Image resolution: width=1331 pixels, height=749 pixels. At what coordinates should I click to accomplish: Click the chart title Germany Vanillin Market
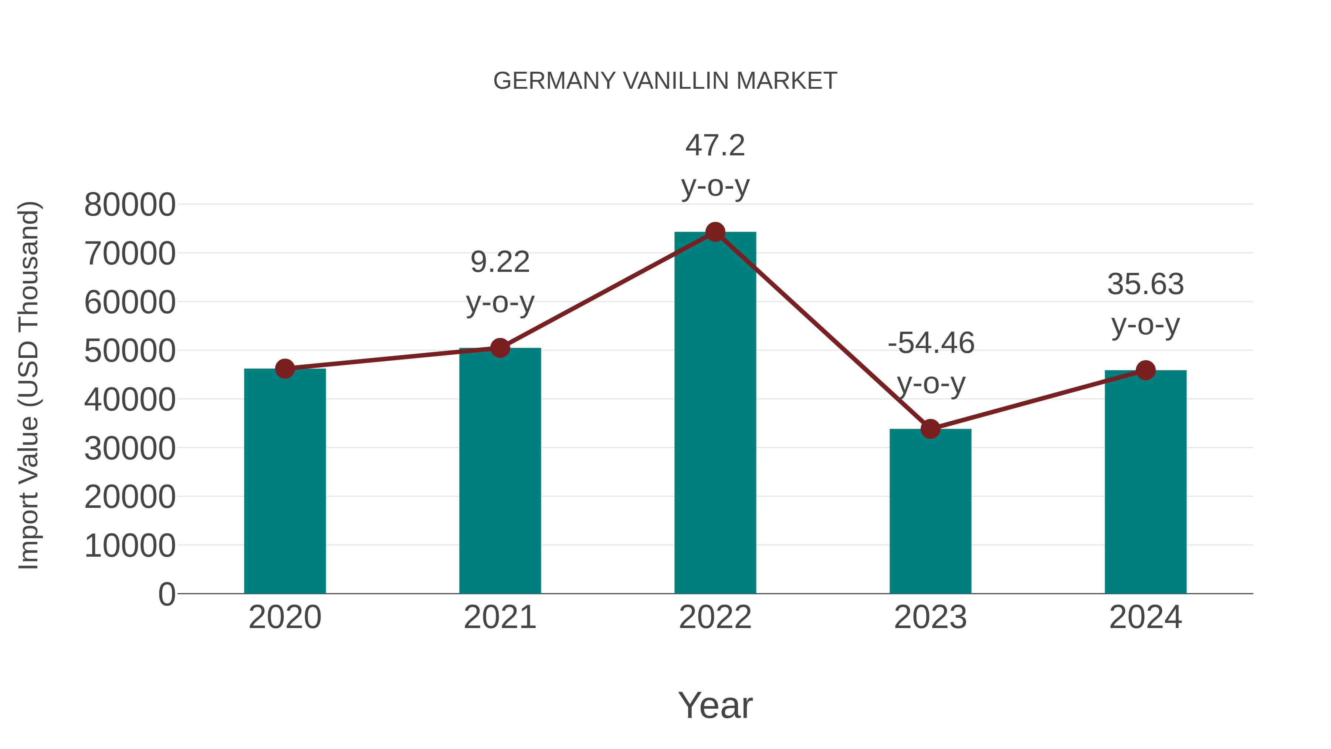665,81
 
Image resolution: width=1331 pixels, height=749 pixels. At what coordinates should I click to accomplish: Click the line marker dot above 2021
500,348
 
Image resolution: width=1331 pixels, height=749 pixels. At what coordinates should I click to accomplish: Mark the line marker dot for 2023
930,429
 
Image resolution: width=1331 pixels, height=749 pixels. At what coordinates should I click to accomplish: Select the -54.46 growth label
931,343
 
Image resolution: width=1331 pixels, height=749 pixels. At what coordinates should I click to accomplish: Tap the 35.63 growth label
1145,284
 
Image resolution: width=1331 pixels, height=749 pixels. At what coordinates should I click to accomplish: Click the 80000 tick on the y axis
130,205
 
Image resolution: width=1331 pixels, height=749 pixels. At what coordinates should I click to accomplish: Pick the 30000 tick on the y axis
130,448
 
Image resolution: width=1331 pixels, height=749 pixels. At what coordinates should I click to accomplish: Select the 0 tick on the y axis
167,594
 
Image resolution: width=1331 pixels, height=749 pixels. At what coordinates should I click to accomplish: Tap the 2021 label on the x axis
500,617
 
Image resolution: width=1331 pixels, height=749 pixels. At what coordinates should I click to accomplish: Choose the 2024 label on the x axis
1145,617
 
